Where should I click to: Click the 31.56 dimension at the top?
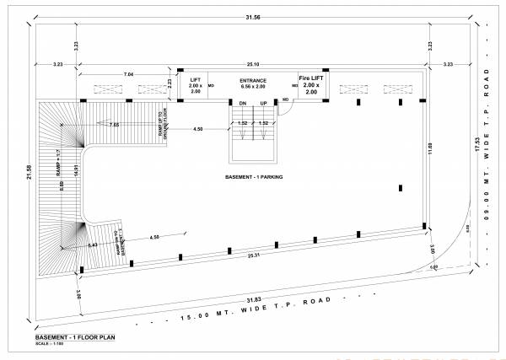pyautogui.click(x=251, y=18)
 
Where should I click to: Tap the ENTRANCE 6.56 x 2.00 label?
pyautogui.click(x=253, y=83)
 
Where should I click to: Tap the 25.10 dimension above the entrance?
pyautogui.click(x=252, y=63)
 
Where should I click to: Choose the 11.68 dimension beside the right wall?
pyautogui.click(x=430, y=149)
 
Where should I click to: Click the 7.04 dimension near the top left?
pyautogui.click(x=128, y=75)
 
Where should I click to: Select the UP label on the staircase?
pyautogui.click(x=263, y=102)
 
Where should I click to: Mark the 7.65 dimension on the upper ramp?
pyautogui.click(x=113, y=124)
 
